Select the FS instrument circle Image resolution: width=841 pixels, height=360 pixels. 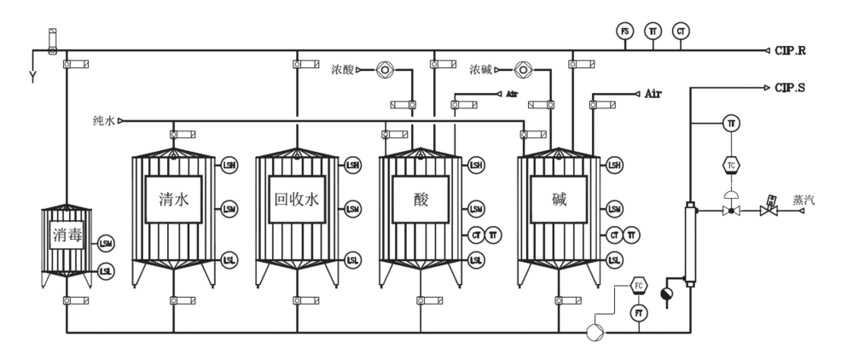point(624,32)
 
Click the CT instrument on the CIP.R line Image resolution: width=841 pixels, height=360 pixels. point(680,32)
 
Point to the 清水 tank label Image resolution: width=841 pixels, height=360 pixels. point(172,200)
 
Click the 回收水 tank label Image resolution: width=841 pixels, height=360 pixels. point(296,200)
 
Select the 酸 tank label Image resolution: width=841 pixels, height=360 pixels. point(420,200)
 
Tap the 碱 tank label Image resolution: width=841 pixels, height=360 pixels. point(559,200)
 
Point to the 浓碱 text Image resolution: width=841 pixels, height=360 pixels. point(482,69)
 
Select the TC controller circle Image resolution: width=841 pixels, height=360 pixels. point(731,163)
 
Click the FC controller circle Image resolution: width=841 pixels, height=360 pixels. point(639,285)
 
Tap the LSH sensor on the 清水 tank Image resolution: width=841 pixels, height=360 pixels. point(229,165)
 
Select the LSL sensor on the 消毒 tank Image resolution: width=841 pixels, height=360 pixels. point(105,271)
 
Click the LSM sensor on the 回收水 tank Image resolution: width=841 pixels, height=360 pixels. point(352,209)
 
